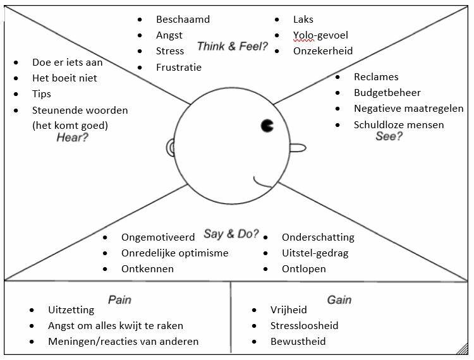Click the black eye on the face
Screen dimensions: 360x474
coord(267,126)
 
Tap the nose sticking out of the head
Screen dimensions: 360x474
coord(298,148)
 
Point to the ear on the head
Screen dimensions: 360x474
coord(171,148)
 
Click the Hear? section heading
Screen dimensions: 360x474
coord(72,138)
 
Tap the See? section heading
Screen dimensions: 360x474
coord(389,136)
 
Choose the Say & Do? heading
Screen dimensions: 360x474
coord(231,234)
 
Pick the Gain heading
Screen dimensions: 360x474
coord(339,299)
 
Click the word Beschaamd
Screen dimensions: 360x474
coord(183,20)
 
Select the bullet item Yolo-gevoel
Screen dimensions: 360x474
coord(320,35)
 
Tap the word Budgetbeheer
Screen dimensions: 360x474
coord(387,93)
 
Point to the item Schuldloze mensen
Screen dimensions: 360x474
coord(398,124)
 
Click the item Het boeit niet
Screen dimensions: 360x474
coord(64,78)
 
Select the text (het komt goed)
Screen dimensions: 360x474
coord(70,125)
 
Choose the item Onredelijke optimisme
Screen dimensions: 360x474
coord(174,253)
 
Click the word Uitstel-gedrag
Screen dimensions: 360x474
coord(315,253)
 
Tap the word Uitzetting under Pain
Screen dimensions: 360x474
coord(71,310)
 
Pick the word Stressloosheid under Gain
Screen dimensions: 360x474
coord(304,326)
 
